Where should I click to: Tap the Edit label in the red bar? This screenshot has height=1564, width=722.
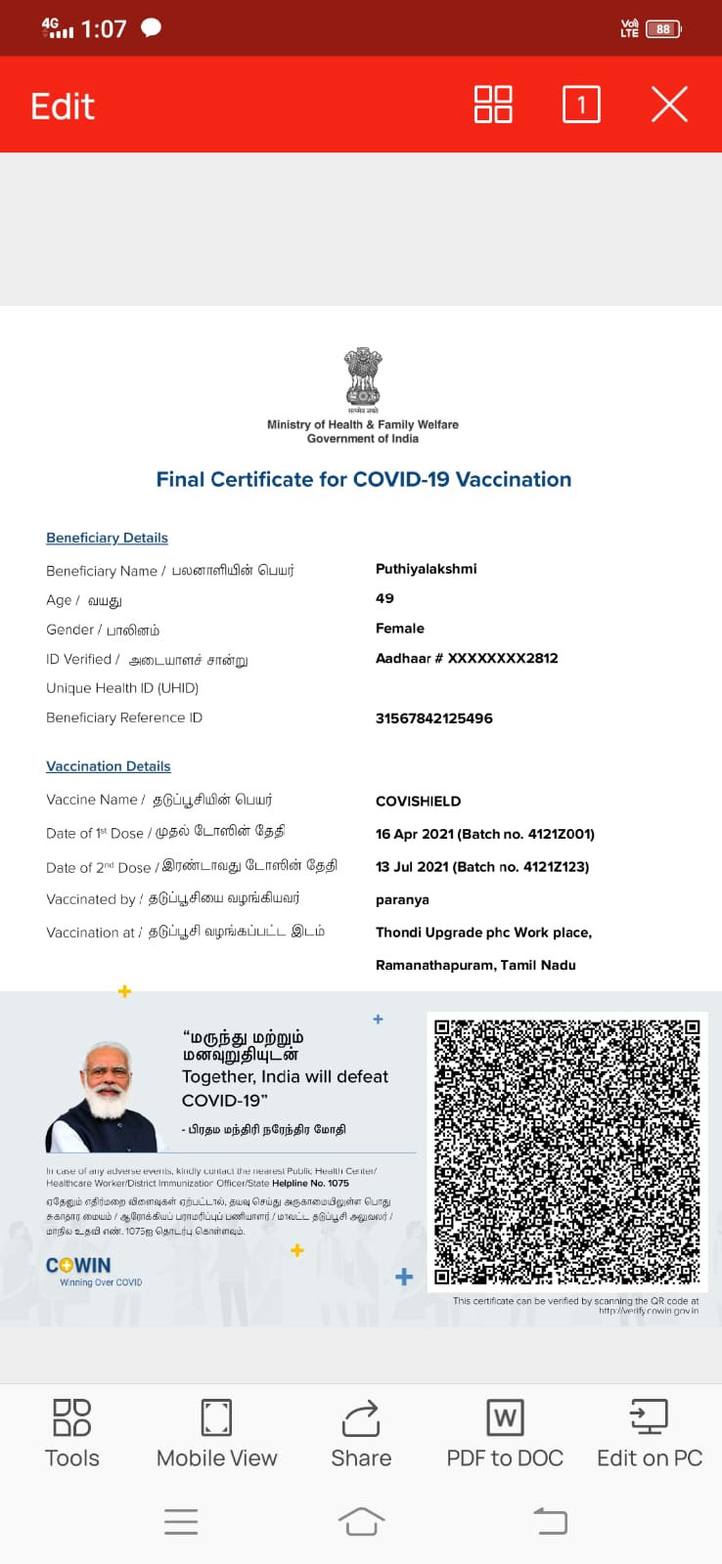(63, 106)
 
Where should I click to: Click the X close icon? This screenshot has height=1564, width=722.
(669, 104)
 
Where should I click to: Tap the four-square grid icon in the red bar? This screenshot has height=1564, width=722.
(493, 105)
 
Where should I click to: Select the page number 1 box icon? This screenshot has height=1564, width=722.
(581, 105)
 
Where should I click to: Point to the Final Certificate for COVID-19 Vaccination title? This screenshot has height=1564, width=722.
(363, 479)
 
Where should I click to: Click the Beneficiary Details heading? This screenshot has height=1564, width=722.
(107, 538)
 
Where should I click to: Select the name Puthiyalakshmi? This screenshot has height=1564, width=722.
(426, 569)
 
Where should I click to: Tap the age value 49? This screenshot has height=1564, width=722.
(384, 598)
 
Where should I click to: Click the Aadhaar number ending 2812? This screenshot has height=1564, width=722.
(467, 658)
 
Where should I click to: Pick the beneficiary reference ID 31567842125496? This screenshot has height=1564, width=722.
(433, 718)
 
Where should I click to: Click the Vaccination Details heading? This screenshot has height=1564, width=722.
(108, 766)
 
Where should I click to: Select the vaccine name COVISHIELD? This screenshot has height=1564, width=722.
(418, 802)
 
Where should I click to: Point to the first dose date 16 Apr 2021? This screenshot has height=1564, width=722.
(415, 834)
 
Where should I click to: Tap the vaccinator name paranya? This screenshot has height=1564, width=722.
(402, 899)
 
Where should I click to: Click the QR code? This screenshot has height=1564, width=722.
(567, 1151)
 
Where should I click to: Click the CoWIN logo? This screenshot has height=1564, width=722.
(79, 1267)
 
